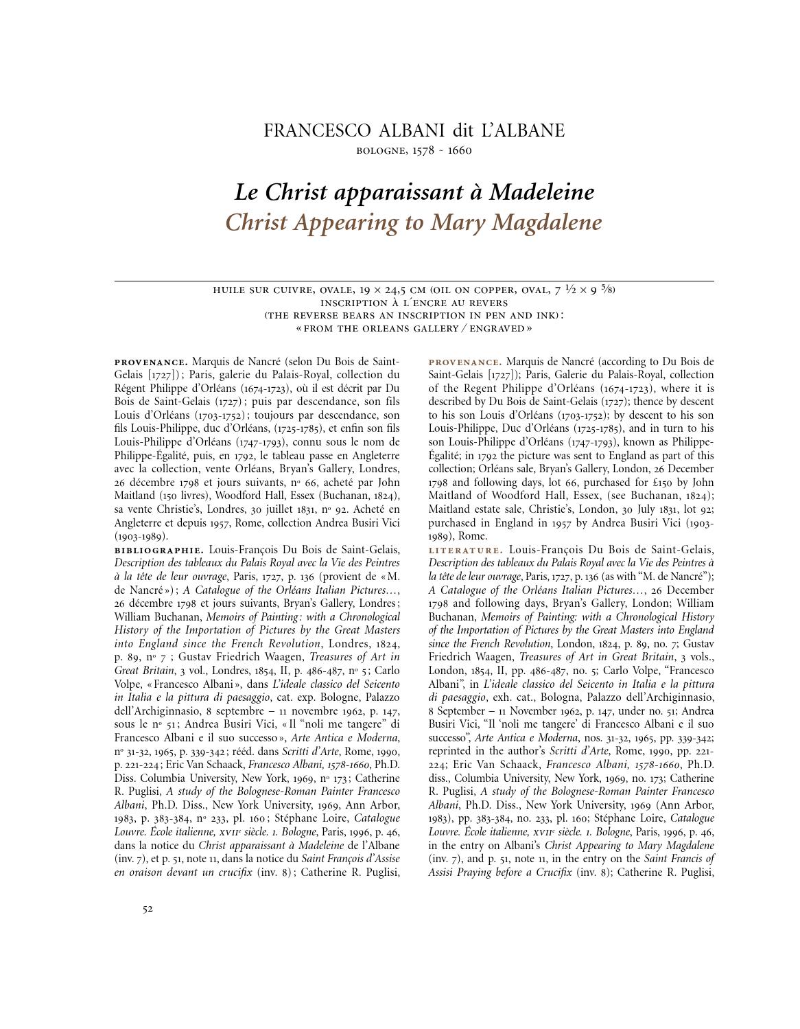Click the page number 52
tap(148, 909)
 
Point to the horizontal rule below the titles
tap(414, 281)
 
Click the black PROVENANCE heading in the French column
tap(150, 362)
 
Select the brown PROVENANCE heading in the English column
tap(464, 362)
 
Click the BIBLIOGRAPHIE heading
tap(158, 550)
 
